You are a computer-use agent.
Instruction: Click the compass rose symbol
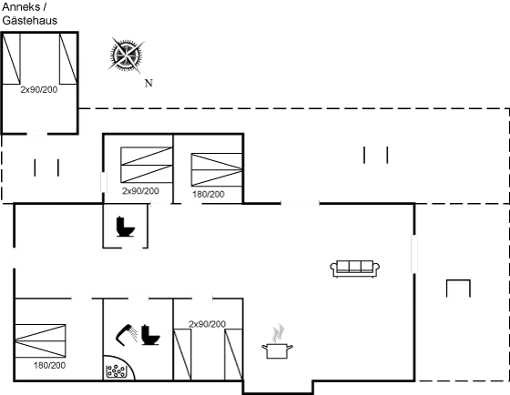coord(126,56)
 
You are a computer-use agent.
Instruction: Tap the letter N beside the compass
coord(148,84)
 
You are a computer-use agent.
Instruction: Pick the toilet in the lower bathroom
coord(148,336)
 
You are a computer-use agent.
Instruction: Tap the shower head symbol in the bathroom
coord(124,333)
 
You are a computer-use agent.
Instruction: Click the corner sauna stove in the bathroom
coord(116,370)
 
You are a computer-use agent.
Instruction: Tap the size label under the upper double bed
coord(140,192)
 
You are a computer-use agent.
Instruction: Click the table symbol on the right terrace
coord(457,289)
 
